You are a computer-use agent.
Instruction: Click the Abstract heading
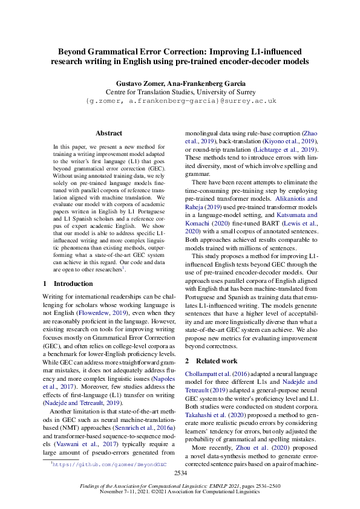coord(108,133)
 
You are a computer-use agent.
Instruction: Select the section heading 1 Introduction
coord(67,284)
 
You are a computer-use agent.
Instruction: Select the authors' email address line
coord(180,100)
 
